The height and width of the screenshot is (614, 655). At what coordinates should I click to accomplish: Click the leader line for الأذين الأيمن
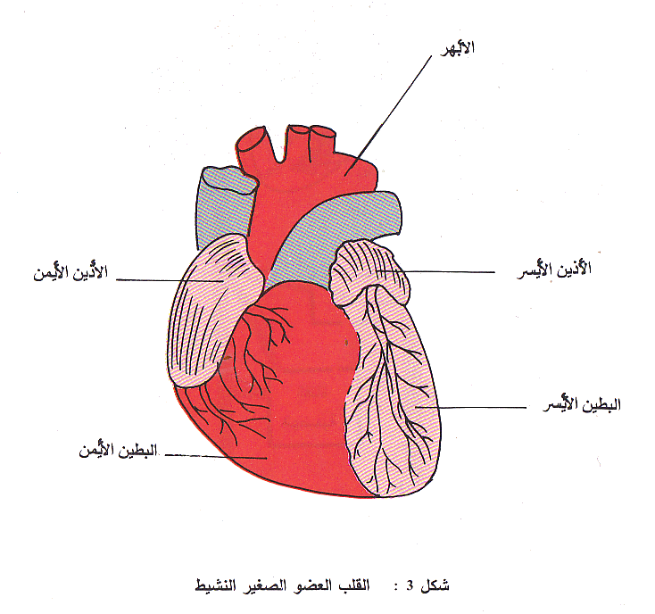pyautogui.click(x=170, y=280)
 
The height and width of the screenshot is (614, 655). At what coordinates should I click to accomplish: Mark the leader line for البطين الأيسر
pyautogui.click(x=473, y=408)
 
